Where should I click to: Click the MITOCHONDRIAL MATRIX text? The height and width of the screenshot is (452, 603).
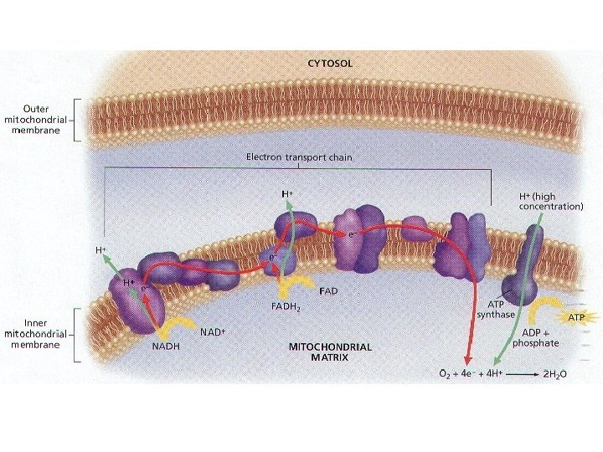(x=329, y=352)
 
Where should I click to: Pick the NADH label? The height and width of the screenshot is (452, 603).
(x=165, y=346)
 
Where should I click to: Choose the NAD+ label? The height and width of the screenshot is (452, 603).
(x=213, y=332)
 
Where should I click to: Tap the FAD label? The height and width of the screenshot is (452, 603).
(x=329, y=291)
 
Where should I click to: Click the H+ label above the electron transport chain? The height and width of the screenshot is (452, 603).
(x=287, y=193)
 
